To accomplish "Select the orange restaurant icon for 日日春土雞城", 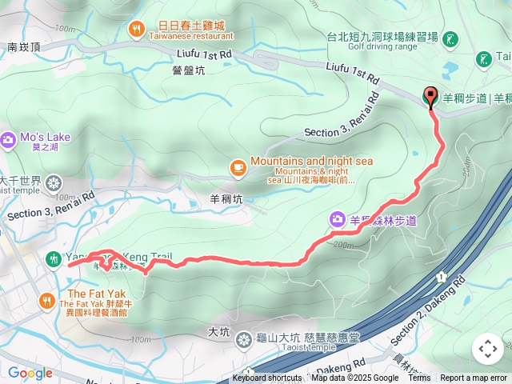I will (137, 30).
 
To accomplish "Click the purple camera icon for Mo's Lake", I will (9, 141).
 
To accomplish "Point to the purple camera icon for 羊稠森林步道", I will (337, 218).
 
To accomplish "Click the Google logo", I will (30, 373).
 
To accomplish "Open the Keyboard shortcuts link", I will (267, 378).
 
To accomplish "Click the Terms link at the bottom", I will (419, 378).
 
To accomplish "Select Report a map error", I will (474, 378).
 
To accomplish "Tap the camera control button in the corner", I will (487, 349).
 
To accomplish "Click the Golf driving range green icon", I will (450, 38).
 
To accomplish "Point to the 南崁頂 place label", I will (24, 47).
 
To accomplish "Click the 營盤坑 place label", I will (189, 70).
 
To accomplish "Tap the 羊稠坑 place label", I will (226, 199).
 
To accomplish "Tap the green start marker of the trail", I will (53, 258).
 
